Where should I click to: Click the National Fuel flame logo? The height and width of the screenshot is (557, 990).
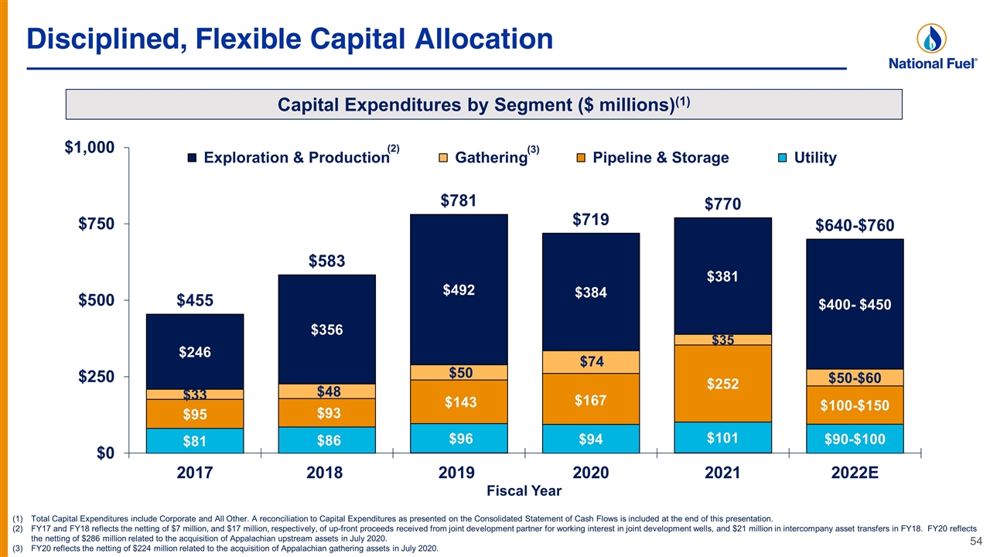coord(932,39)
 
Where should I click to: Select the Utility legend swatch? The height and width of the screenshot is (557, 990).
coord(782,158)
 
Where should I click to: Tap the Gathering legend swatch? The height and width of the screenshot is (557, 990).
coord(443,158)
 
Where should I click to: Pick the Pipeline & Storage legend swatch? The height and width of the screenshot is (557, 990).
coord(581,158)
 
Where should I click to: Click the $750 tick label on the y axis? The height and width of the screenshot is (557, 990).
coord(97,224)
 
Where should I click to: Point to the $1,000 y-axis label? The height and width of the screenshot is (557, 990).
coord(90,148)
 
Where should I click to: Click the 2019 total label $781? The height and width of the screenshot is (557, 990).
coord(459,201)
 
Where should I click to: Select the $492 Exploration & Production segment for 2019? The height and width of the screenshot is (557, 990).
coord(459,289)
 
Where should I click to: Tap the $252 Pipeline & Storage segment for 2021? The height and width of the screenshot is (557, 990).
coord(722,384)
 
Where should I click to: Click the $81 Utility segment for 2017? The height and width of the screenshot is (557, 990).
coord(195,441)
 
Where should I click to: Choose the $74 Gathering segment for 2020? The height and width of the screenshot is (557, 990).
coord(591,362)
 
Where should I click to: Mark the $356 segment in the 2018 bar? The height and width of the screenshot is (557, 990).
coord(326,330)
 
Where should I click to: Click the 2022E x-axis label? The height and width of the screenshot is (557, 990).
coord(855,473)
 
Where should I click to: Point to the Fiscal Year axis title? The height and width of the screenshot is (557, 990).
coord(524,491)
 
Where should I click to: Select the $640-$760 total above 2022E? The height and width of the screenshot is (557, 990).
coord(855,226)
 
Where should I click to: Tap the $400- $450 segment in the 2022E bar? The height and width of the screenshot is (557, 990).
coord(855,305)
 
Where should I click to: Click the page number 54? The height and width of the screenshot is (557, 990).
coord(976,542)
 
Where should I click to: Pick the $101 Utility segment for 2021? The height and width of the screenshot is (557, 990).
coord(722,438)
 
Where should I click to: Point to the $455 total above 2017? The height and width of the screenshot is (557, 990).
coord(195,301)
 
